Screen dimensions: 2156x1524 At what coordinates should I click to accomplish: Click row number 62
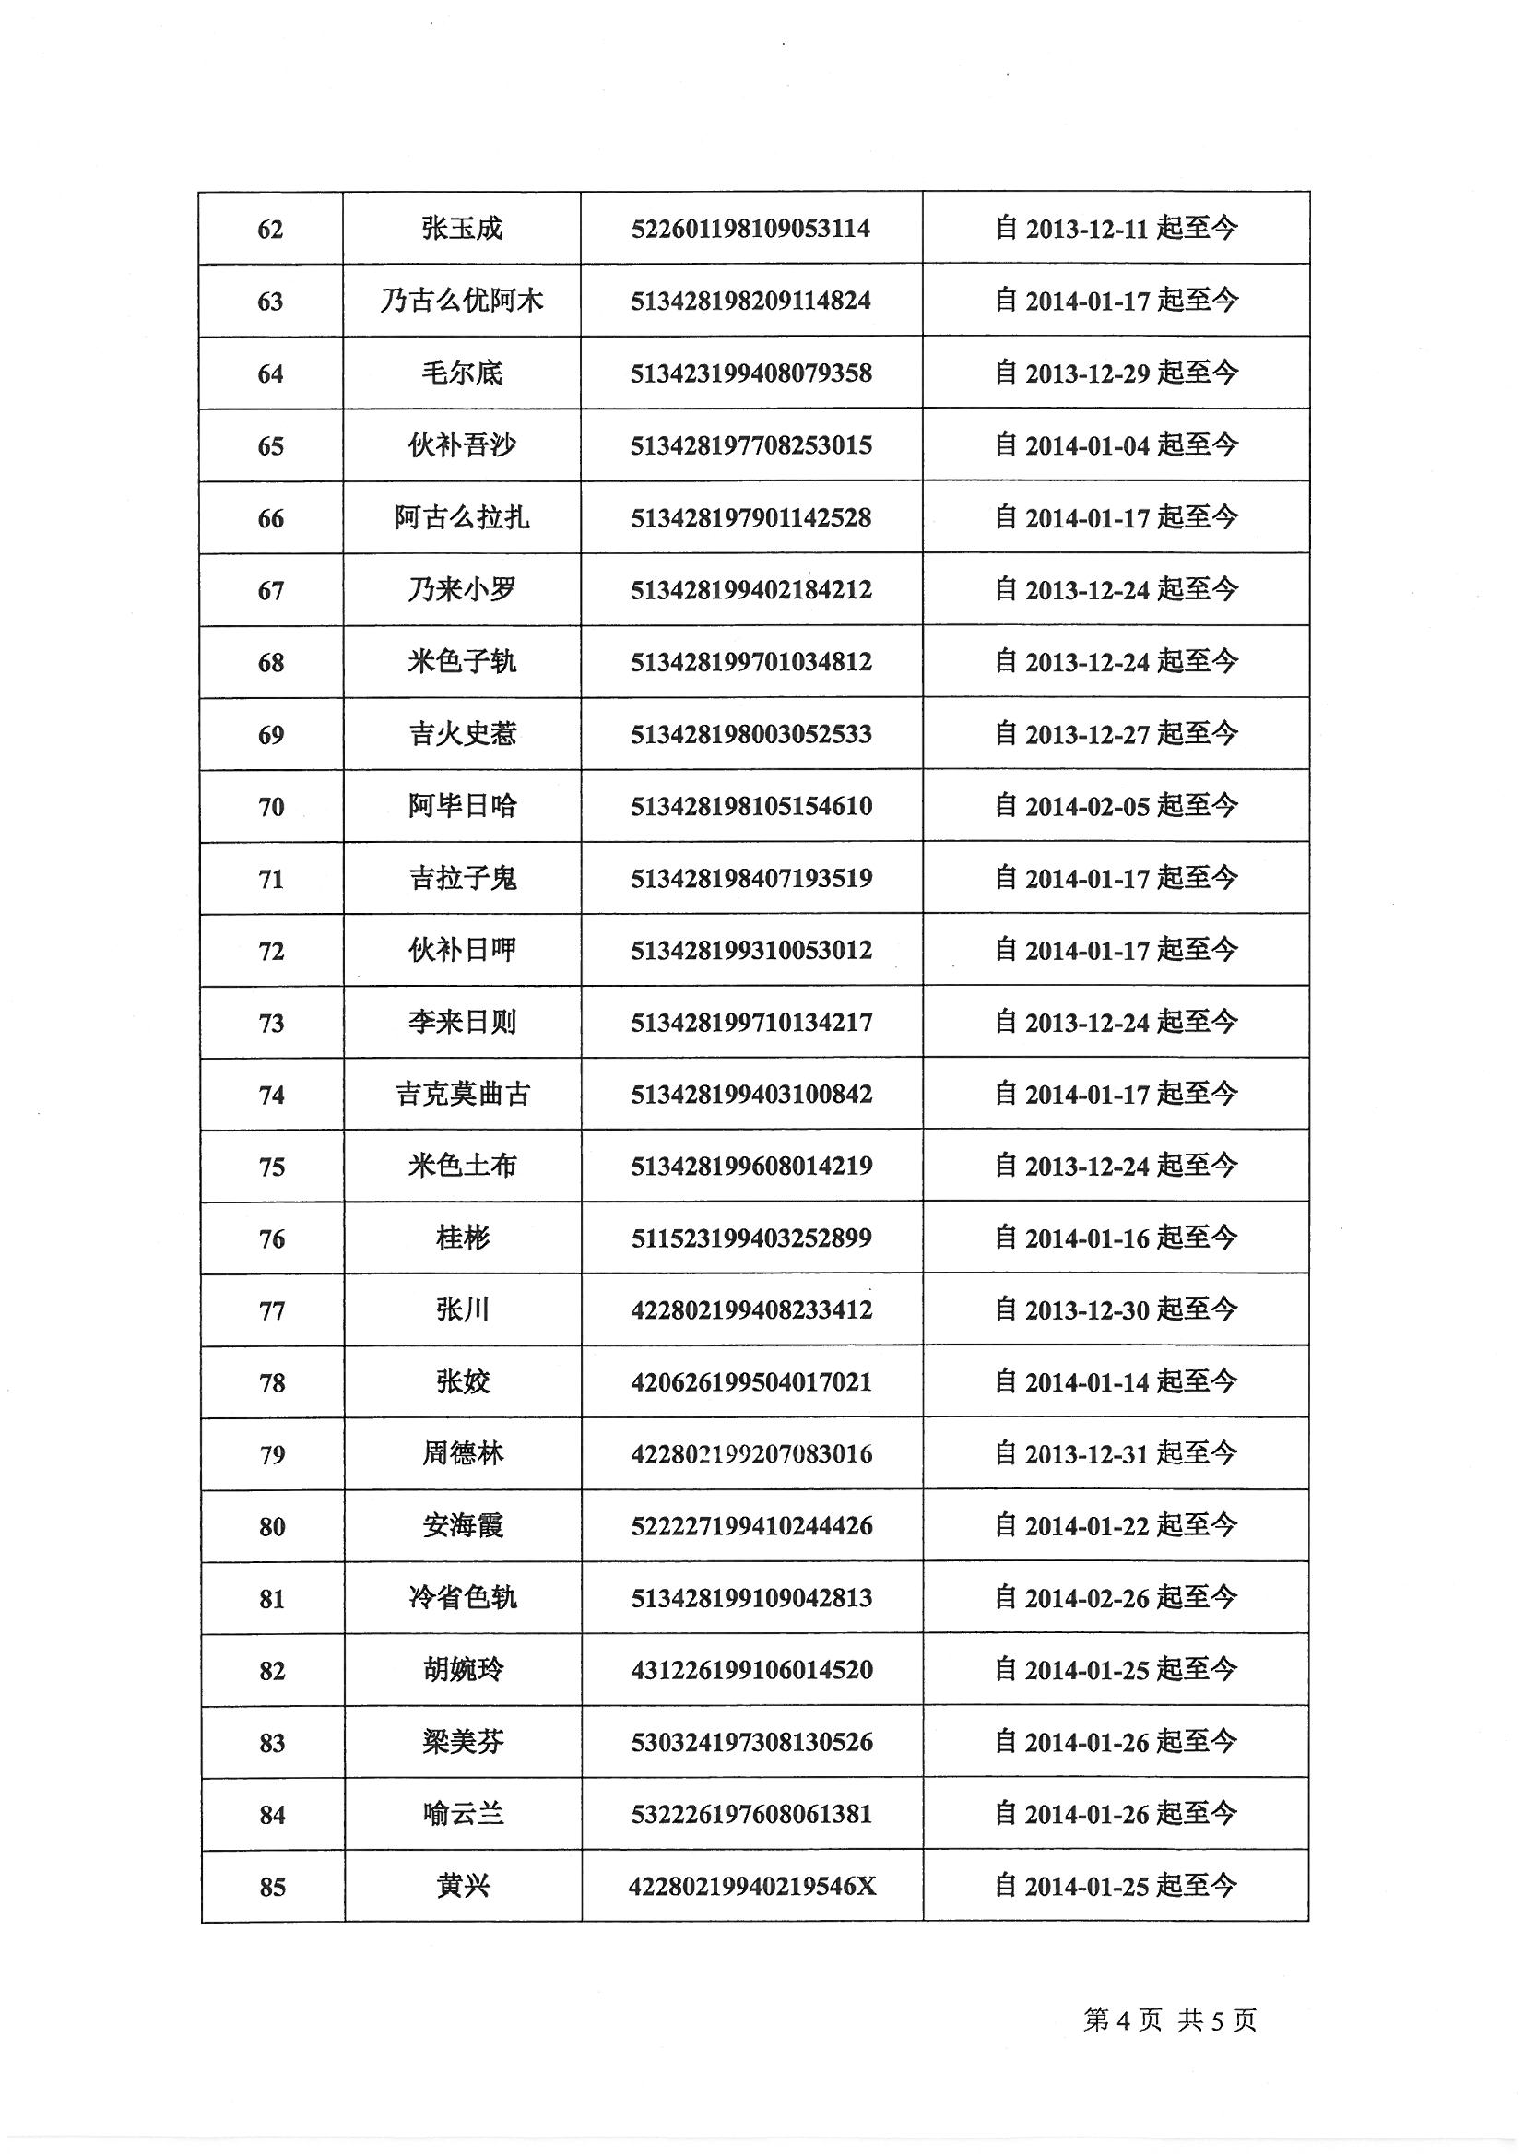(x=270, y=229)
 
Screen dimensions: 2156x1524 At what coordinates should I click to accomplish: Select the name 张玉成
(x=462, y=228)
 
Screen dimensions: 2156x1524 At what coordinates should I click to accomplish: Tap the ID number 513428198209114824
(x=751, y=301)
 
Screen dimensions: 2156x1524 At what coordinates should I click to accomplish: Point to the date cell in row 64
(x=1116, y=373)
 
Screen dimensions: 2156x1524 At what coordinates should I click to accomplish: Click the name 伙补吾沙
(x=462, y=445)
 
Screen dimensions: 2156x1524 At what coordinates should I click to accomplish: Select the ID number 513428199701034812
(x=751, y=662)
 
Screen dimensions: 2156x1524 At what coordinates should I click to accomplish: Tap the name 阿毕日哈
(x=462, y=806)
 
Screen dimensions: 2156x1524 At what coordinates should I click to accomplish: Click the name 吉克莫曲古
(x=463, y=1094)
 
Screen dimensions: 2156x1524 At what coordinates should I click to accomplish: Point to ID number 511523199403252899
(x=751, y=1238)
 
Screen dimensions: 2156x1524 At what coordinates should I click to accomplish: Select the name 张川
(x=463, y=1310)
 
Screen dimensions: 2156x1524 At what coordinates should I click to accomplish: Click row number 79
(x=272, y=1454)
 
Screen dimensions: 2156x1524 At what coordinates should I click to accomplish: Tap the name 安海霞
(x=463, y=1526)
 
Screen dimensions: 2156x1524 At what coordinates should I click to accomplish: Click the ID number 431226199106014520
(x=752, y=1670)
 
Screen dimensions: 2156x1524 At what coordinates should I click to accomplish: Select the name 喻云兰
(x=463, y=1813)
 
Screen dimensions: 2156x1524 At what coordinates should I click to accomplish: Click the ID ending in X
(x=752, y=1886)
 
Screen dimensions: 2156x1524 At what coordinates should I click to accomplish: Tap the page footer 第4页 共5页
(x=1169, y=2020)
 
